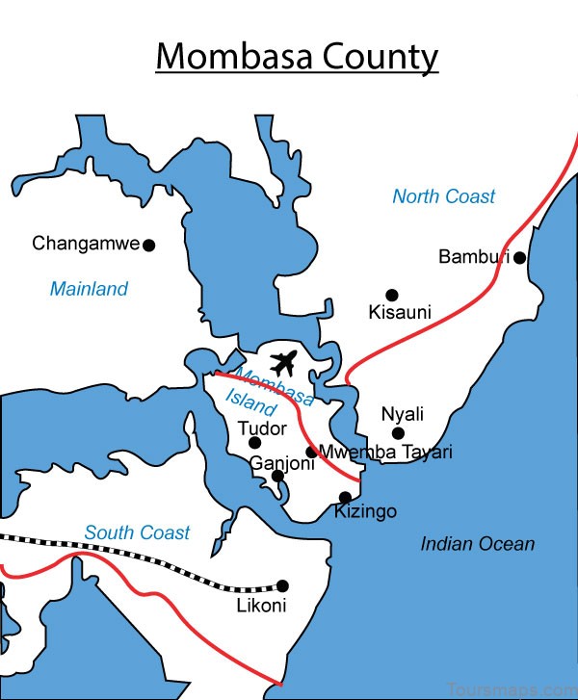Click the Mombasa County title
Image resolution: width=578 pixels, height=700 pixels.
pyautogui.click(x=297, y=57)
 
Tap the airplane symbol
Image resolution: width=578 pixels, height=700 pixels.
pyautogui.click(x=283, y=364)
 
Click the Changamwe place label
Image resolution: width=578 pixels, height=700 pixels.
pyautogui.click(x=86, y=244)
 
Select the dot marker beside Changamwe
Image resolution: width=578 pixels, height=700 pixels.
pyautogui.click(x=149, y=245)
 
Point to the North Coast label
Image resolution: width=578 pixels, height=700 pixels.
pyautogui.click(x=443, y=196)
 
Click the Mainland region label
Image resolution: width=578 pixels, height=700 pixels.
pyautogui.click(x=89, y=289)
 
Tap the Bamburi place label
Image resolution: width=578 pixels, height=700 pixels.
pyautogui.click(x=474, y=257)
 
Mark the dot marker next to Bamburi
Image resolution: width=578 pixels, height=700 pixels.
pyautogui.click(x=519, y=257)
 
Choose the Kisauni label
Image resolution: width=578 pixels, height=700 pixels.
pyautogui.click(x=399, y=312)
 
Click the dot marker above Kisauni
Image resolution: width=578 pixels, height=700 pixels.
pyautogui.click(x=392, y=295)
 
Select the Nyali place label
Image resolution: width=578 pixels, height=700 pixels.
pyautogui.click(x=403, y=414)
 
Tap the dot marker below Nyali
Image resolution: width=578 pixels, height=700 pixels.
pyautogui.click(x=398, y=433)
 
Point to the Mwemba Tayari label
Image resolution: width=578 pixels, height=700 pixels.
pyautogui.click(x=385, y=453)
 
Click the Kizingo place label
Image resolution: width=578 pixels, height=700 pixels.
pyautogui.click(x=365, y=511)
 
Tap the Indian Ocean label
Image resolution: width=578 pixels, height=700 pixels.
pyautogui.click(x=477, y=544)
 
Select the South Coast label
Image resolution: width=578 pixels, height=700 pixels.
pyautogui.click(x=137, y=532)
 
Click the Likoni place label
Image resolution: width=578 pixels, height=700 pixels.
pyautogui.click(x=261, y=606)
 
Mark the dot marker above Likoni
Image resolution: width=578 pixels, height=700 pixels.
pyautogui.click(x=283, y=585)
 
